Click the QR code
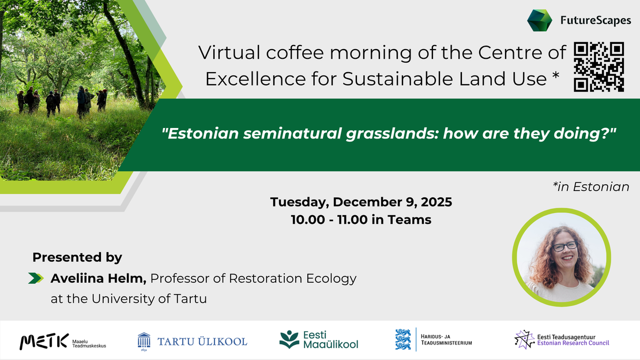pos(600,67)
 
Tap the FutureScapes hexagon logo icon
pos(540,21)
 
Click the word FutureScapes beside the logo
pos(596,21)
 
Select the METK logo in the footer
pos(44,342)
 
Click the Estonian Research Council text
pos(573,343)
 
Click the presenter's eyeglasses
pos(564,246)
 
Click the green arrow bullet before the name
pos(36,279)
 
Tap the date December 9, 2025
pos(393,202)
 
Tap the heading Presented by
pos(77,257)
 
